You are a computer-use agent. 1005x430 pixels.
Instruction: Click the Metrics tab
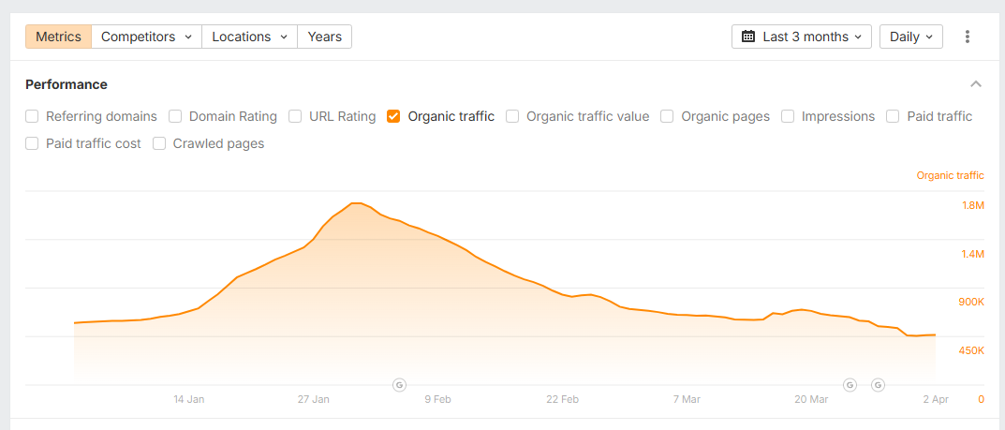58,37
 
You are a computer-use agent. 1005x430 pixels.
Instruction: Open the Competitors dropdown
146,37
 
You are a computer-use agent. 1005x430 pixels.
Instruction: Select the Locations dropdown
249,37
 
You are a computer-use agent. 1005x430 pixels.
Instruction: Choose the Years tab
325,37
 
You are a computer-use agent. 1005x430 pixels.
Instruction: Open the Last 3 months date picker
801,37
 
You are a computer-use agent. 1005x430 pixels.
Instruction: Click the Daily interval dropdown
910,37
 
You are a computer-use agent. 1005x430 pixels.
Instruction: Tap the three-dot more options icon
968,37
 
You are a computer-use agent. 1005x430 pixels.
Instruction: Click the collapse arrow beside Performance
976,84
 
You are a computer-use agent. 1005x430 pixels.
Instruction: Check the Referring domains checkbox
32,117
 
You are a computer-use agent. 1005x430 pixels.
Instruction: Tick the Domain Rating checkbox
175,117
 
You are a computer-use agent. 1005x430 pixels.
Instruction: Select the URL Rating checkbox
295,117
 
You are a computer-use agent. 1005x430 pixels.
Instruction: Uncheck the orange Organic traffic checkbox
393,117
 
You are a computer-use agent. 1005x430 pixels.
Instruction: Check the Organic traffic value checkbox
512,117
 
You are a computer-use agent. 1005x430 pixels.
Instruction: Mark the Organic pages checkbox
667,117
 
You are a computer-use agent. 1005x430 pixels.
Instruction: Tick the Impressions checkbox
788,117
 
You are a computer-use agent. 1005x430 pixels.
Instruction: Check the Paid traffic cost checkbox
32,144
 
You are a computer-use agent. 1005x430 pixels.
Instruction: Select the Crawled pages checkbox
159,144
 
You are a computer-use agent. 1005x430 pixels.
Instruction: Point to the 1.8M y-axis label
972,206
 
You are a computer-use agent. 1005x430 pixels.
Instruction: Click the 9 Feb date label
437,399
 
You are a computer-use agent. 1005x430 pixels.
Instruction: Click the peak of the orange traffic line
355,202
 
